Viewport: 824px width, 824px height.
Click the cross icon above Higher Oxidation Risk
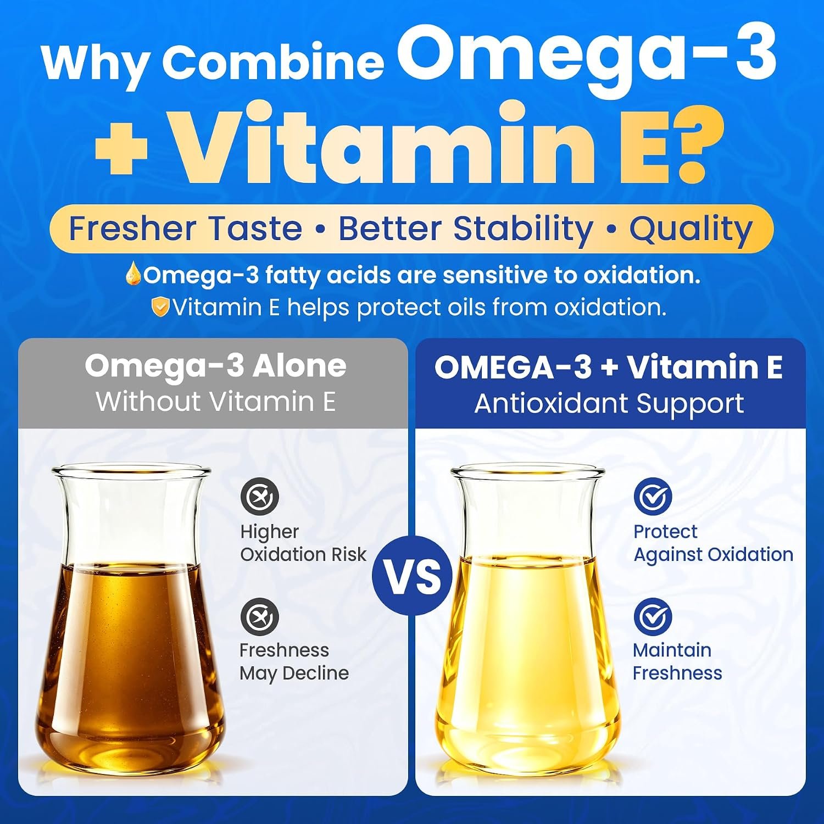coord(260,497)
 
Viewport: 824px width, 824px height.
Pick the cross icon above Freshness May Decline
coord(260,617)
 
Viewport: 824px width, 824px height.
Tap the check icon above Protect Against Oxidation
coord(653,497)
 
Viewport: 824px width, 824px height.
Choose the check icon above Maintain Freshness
coord(653,617)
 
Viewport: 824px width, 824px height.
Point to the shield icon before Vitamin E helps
coord(160,307)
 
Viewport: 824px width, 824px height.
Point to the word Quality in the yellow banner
coord(691,230)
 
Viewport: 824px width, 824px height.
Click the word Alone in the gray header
coord(299,366)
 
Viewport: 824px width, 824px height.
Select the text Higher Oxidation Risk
coord(303,543)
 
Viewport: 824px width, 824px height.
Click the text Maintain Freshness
coord(677,661)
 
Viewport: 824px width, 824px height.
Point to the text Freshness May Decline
coord(294,662)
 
